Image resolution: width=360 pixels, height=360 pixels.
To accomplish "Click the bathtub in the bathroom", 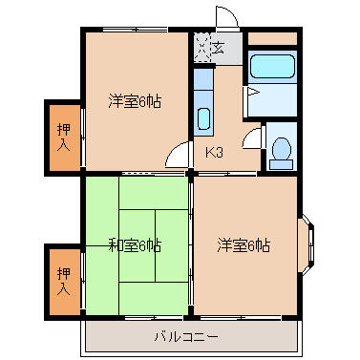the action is pos(272,67).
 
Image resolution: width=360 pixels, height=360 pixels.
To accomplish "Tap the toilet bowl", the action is pos(282,149).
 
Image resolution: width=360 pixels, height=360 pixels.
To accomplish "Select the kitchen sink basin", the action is pos(203,118).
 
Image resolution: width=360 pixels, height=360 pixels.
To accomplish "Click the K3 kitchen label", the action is pos(214,153).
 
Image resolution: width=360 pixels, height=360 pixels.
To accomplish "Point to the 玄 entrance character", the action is pos(219,49).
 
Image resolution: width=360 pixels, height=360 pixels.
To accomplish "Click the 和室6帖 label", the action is pos(135,245).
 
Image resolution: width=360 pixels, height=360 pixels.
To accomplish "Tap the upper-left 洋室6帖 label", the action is pos(135,101).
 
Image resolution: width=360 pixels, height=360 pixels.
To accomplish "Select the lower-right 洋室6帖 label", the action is pos(244,245).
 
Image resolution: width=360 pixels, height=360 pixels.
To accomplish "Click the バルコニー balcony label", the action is pos(186,337).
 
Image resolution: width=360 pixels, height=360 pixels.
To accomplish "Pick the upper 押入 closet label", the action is pos(64,138).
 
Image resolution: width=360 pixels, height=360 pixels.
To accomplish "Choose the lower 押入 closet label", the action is pos(64,281).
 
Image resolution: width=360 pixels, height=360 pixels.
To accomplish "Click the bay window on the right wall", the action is pos(307,244).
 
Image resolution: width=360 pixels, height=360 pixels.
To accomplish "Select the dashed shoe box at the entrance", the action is pos(202,48).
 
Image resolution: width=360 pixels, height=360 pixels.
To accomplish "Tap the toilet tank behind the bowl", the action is pos(281,164).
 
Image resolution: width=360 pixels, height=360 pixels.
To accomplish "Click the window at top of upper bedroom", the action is pos(136,30).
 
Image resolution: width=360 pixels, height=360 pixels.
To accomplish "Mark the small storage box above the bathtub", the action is pos(272,38).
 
